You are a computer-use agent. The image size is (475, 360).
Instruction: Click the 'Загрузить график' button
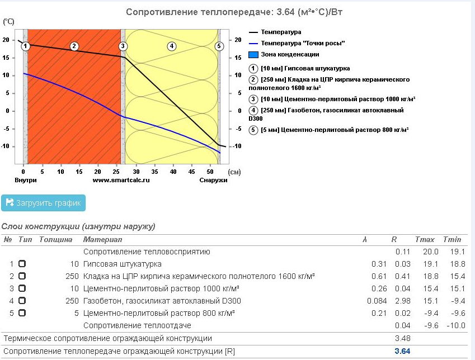pos(43,202)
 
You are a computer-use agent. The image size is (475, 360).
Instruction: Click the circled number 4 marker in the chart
pos(172,46)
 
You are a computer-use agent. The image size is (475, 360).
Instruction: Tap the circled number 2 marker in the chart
pos(74,46)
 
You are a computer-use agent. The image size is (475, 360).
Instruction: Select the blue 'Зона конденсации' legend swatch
pos(253,55)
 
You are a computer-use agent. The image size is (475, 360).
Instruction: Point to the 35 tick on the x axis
pos(154,172)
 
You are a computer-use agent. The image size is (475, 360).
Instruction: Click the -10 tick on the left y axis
pos(6,146)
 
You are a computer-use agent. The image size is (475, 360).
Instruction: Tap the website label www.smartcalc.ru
pos(121,180)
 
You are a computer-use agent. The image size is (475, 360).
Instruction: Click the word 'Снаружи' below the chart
pos(213,180)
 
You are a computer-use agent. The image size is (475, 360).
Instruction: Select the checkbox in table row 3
pos(22,288)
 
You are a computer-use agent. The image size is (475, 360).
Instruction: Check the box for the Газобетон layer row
pos(22,301)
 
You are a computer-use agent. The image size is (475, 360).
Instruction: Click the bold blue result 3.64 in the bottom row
pos(402,351)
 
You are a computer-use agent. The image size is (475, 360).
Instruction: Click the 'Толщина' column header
pos(56,239)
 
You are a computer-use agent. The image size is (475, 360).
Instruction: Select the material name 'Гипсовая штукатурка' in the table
pos(123,264)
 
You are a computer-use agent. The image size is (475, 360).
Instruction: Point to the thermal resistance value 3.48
pos(402,338)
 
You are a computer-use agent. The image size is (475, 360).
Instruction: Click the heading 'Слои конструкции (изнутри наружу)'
pos(78,226)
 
